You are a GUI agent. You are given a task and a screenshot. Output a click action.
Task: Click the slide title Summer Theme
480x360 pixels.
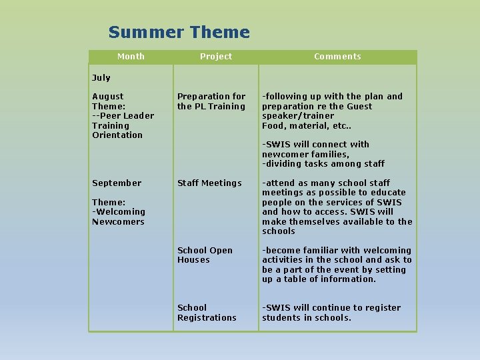pos(179,32)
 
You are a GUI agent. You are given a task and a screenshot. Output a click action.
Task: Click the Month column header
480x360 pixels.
pos(131,57)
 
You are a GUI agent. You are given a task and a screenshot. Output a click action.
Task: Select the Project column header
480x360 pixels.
pos(216,57)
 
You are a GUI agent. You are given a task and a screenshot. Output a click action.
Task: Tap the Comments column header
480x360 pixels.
pos(337,57)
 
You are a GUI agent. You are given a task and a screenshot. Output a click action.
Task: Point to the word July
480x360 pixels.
pos(101,78)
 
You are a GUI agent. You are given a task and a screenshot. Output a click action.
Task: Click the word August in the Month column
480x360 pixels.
pos(107,97)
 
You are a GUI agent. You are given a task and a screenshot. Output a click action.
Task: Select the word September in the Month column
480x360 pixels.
pos(117,183)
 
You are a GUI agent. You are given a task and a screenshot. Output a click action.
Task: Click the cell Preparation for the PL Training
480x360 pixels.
pos(211,101)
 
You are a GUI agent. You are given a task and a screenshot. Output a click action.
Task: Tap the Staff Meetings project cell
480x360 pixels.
pos(209,183)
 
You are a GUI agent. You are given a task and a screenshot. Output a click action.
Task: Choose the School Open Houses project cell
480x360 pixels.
pos(205,255)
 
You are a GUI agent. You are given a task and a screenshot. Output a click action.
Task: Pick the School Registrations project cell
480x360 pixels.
pos(207,313)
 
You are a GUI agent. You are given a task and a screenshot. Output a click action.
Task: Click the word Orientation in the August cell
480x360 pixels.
pos(117,135)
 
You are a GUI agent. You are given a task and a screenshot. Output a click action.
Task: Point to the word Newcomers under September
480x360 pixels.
pos(118,222)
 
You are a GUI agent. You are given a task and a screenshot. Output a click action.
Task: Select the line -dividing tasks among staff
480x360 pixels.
pos(323,164)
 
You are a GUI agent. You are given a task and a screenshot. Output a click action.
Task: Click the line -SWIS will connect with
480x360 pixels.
pos(315,145)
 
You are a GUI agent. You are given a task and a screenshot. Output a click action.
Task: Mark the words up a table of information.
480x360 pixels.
pos(319,279)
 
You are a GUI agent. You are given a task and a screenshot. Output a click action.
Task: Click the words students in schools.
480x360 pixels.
pos(307,318)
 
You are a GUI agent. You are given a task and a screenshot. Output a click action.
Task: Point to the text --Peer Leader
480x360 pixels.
pos(123,116)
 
